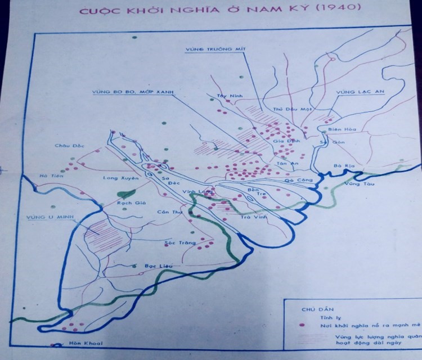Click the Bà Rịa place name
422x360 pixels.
pos(342,166)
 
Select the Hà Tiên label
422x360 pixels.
pos(49,176)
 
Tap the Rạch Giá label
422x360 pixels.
pos(128,204)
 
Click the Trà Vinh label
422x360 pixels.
pos(252,216)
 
